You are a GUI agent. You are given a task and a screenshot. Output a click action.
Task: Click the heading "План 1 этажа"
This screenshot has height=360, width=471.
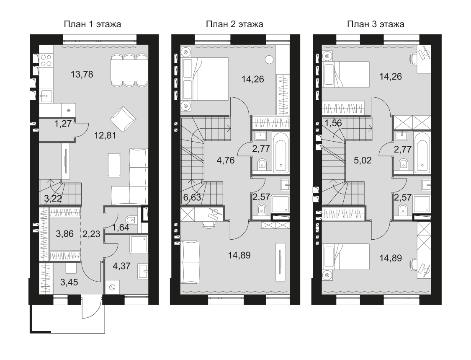click(x=92, y=24)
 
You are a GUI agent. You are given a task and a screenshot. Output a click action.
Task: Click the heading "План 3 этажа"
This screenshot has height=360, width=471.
click(x=376, y=24)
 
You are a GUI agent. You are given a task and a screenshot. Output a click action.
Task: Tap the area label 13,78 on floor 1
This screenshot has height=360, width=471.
click(x=82, y=75)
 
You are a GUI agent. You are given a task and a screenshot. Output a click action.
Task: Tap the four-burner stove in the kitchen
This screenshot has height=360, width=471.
click(x=46, y=60)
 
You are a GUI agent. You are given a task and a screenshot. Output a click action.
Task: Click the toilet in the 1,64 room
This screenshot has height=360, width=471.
click(x=131, y=218)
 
